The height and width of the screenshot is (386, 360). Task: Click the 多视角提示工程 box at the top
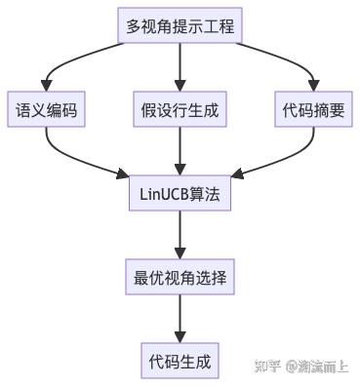tap(180, 26)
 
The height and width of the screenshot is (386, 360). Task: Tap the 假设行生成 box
tap(180, 110)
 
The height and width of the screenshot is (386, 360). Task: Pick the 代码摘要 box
tap(310, 110)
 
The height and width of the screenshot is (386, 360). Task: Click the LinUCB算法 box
tap(180, 194)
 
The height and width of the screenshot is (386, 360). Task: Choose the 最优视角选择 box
tap(180, 278)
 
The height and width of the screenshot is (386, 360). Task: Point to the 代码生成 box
tap(180, 362)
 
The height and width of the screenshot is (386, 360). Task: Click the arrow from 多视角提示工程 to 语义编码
tap(68, 58)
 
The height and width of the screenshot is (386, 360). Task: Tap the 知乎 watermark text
tap(267, 367)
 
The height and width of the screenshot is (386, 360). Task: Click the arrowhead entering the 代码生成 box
tap(180, 335)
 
